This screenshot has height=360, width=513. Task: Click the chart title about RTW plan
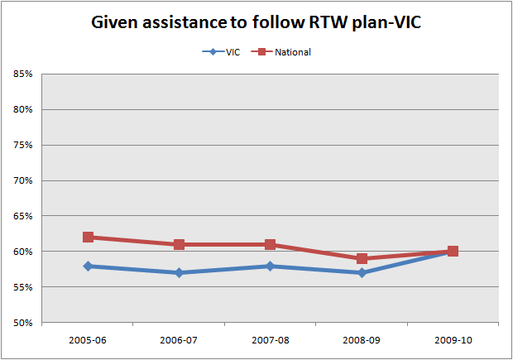pyautogui.click(x=257, y=25)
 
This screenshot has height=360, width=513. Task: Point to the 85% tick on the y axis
pyautogui.click(x=22, y=74)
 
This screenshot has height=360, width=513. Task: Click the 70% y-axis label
pyautogui.click(x=22, y=180)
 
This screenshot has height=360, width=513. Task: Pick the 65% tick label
pyautogui.click(x=22, y=216)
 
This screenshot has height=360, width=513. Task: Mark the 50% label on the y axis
pyautogui.click(x=22, y=323)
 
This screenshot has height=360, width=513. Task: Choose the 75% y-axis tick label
pyautogui.click(x=22, y=146)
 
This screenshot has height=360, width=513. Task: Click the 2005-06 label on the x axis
pyautogui.click(x=88, y=340)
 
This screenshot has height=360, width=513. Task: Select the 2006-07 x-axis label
pyautogui.click(x=179, y=340)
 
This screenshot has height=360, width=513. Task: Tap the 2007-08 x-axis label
pyautogui.click(x=270, y=340)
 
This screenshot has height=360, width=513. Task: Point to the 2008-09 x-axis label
pyautogui.click(x=362, y=340)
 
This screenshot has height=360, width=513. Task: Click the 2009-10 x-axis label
pyautogui.click(x=453, y=340)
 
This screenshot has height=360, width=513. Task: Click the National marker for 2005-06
pyautogui.click(x=88, y=238)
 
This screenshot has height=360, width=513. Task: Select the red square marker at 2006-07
pyautogui.click(x=179, y=245)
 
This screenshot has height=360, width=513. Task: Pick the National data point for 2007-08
pyautogui.click(x=270, y=245)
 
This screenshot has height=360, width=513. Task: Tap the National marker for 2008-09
pyautogui.click(x=362, y=259)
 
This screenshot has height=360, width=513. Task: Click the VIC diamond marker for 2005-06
pyautogui.click(x=88, y=266)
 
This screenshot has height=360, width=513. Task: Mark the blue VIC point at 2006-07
pyautogui.click(x=179, y=273)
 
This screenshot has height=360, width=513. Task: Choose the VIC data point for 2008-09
pyautogui.click(x=362, y=273)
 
